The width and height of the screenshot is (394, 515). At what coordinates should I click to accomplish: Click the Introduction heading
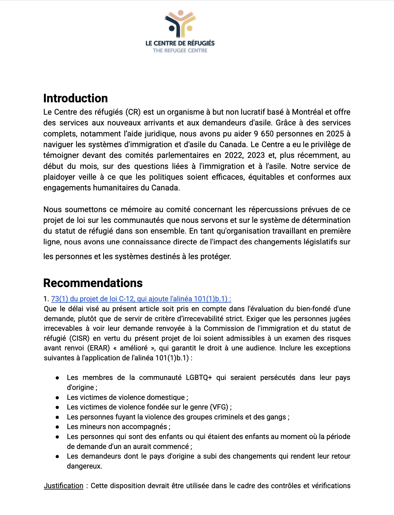click(x=75, y=98)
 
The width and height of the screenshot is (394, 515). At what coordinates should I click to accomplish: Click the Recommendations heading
click(x=93, y=283)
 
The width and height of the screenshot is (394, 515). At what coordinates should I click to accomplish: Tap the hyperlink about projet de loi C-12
click(x=141, y=299)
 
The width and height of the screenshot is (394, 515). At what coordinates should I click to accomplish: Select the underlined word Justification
click(x=64, y=486)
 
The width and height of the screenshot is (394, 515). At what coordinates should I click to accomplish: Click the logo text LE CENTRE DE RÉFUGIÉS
click(x=180, y=43)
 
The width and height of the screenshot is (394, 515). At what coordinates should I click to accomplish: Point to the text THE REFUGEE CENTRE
click(x=180, y=50)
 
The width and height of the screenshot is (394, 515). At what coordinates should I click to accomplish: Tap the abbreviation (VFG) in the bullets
click(x=219, y=407)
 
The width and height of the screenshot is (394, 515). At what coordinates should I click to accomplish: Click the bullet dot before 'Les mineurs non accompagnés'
click(x=57, y=427)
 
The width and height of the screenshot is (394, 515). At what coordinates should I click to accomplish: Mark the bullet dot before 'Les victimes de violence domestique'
click(x=57, y=397)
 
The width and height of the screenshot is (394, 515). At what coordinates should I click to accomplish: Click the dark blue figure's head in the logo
click(x=172, y=28)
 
